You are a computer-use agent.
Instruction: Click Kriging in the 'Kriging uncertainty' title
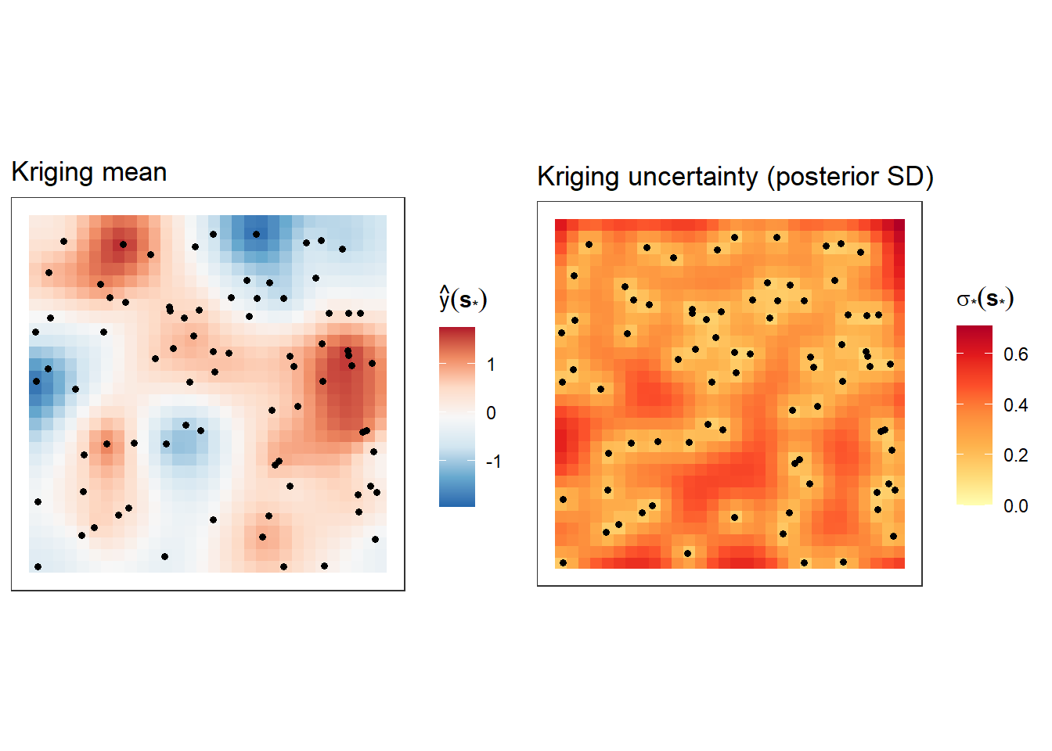pyautogui.click(x=578, y=177)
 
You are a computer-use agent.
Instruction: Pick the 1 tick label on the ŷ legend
pyautogui.click(x=491, y=365)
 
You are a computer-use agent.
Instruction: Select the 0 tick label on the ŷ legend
pyautogui.click(x=491, y=413)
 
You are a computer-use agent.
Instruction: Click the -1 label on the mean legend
pyautogui.click(x=493, y=462)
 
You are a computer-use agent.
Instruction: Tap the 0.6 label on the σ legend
pyautogui.click(x=1015, y=354)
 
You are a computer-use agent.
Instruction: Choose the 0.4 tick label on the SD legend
pyautogui.click(x=1015, y=405)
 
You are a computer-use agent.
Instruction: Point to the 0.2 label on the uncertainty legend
pyautogui.click(x=1015, y=455)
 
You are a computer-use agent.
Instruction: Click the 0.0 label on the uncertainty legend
pyautogui.click(x=1015, y=506)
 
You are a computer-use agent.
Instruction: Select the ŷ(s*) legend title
pyautogui.click(x=463, y=299)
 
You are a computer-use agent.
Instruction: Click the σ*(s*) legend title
pyautogui.click(x=985, y=299)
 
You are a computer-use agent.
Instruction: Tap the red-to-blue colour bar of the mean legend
pyautogui.click(x=457, y=417)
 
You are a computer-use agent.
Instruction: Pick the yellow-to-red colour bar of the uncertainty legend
pyautogui.click(x=974, y=415)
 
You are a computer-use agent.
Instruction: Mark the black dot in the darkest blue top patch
pyautogui.click(x=256, y=234)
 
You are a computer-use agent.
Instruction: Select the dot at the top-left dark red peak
pyautogui.click(x=123, y=244)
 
